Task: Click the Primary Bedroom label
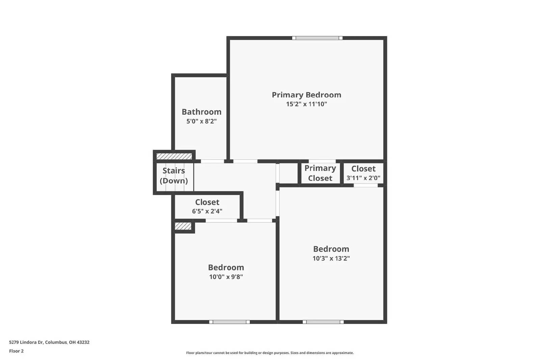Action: [x=306, y=95]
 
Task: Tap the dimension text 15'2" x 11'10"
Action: [x=306, y=104]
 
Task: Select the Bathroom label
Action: [x=201, y=112]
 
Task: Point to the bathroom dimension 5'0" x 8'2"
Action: [x=201, y=121]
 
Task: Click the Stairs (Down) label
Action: [x=174, y=175]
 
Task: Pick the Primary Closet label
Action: [x=320, y=173]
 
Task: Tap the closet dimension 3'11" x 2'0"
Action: [x=363, y=178]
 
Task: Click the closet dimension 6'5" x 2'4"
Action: [x=207, y=212]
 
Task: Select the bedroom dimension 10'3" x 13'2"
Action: [x=331, y=258]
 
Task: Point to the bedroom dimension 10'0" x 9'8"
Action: [x=226, y=277]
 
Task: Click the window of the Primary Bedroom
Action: [x=317, y=38]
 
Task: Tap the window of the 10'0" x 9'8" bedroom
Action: [x=230, y=322]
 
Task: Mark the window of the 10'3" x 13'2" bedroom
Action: [x=323, y=322]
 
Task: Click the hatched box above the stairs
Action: [x=174, y=156]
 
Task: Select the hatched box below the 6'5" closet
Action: [x=183, y=226]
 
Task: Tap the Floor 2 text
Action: [x=16, y=351]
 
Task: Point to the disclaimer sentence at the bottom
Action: [x=270, y=353]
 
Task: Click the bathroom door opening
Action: [x=212, y=161]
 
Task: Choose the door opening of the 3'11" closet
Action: [x=366, y=185]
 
